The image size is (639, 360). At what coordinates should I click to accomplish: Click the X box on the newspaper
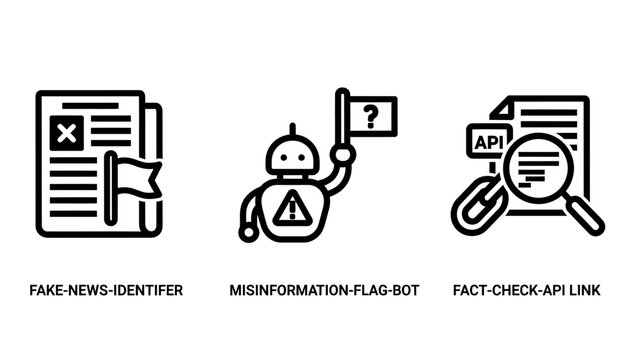[x=66, y=133]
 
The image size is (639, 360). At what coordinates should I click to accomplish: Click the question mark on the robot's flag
[x=370, y=117]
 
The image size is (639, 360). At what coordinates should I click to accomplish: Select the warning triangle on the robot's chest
[x=292, y=208]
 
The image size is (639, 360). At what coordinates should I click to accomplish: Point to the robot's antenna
[x=292, y=129]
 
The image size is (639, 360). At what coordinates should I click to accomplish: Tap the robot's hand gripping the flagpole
[x=342, y=155]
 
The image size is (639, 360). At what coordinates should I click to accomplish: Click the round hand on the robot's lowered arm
[x=247, y=233]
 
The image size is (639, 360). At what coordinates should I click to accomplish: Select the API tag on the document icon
[x=488, y=142]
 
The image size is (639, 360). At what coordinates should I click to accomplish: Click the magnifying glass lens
[x=538, y=168]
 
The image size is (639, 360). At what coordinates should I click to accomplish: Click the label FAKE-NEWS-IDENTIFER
[x=106, y=290]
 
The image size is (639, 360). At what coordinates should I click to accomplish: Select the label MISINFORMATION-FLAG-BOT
[x=324, y=290]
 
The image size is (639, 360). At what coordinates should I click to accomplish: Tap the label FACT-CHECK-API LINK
[x=527, y=290]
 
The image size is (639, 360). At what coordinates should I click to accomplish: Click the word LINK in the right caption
[x=585, y=290]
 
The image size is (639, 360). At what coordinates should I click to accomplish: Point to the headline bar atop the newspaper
[x=90, y=106]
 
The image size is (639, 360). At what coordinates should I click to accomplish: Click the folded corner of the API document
[x=500, y=109]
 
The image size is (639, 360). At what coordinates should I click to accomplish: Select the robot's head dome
[x=292, y=154]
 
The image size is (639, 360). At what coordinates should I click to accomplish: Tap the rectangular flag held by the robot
[x=372, y=117]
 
